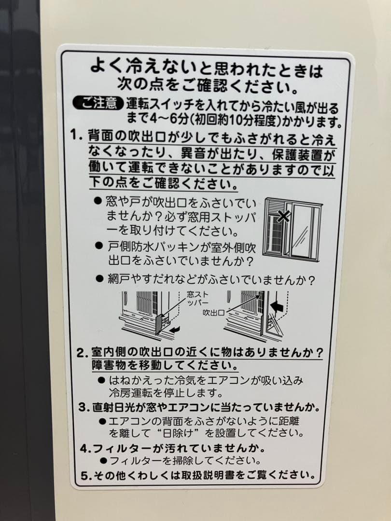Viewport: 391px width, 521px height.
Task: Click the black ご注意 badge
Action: (98, 103)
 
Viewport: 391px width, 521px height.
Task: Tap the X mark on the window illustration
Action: (284, 216)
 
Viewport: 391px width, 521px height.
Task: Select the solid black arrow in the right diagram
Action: (277, 305)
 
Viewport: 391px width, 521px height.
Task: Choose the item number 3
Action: (83, 408)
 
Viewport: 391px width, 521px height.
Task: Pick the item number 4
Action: (84, 448)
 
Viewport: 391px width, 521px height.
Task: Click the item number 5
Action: (84, 475)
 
